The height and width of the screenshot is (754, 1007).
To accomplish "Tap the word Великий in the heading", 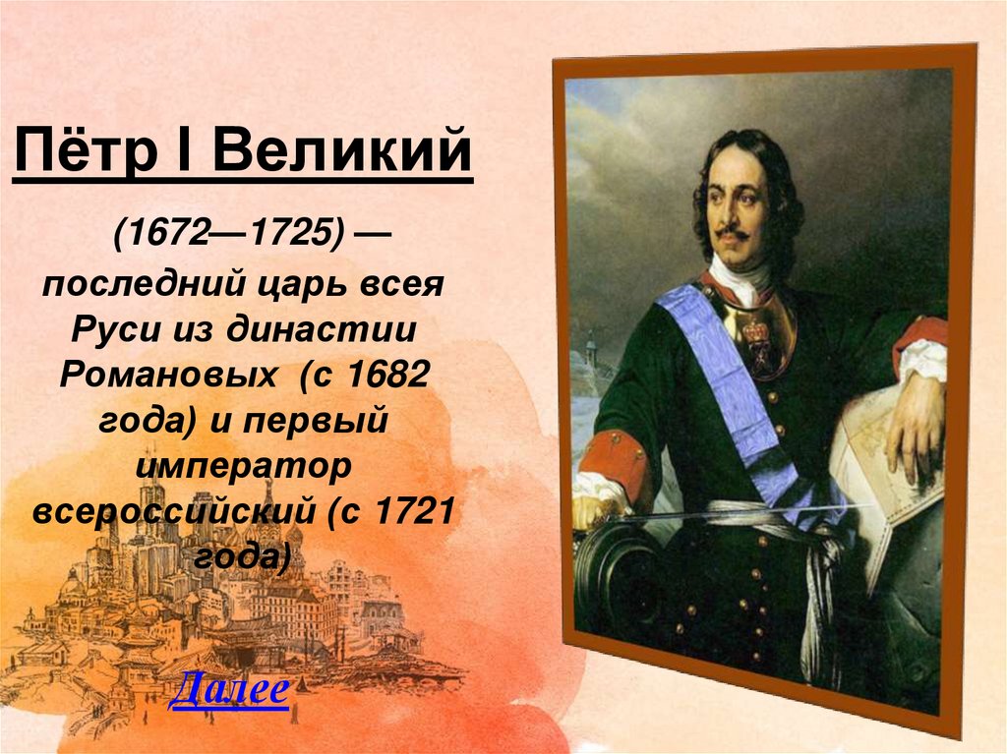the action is coord(341,150).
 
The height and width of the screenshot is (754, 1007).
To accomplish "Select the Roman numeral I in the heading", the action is coord(184,150).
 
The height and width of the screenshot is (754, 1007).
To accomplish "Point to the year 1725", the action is coord(291,233).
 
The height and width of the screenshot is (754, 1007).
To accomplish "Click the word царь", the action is coord(302,283).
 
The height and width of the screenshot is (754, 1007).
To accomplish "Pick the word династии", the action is coord(322,330).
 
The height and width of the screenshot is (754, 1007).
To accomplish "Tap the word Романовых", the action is coord(167,375).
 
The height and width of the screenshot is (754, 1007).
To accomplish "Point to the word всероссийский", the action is coord(173,511).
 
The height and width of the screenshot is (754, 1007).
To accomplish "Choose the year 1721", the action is coord(412,511).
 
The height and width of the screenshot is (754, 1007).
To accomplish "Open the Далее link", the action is coord(229,689).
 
